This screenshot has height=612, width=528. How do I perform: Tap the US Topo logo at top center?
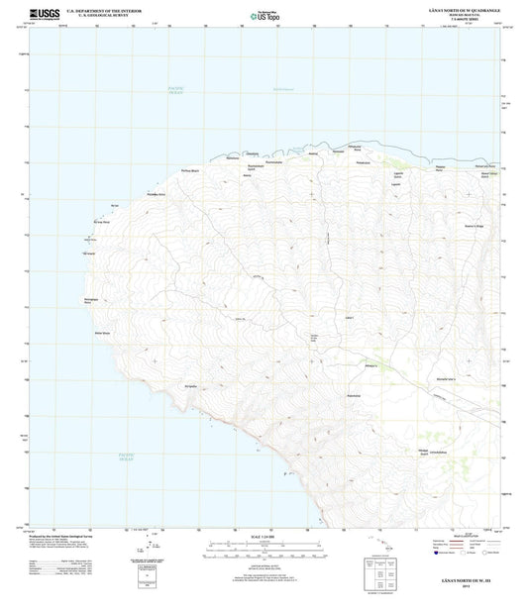[264, 14]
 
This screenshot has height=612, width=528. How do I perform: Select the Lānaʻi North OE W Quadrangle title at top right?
[462, 10]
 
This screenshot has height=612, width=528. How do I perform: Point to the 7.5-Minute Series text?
[462, 19]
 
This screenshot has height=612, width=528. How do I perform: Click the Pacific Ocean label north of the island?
[175, 92]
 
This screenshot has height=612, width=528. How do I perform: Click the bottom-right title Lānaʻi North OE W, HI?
[462, 578]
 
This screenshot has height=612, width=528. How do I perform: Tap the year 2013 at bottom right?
[462, 586]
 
